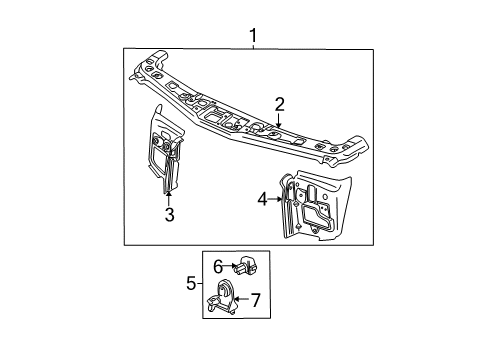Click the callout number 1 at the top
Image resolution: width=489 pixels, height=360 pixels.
254,36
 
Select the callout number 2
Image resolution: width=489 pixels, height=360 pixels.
280,104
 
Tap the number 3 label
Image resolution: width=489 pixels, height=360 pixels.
169,213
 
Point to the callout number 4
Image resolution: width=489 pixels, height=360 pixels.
263,200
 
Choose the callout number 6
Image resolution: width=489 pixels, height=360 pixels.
218,266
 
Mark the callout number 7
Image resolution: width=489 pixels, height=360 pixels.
254,299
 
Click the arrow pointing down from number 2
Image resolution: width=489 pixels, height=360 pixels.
280,119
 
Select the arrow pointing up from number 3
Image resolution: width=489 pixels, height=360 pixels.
169,196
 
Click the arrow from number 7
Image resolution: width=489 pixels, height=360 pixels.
241,299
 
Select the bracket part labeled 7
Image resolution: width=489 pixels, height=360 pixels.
225,297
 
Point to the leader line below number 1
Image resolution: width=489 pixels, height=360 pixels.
254,46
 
